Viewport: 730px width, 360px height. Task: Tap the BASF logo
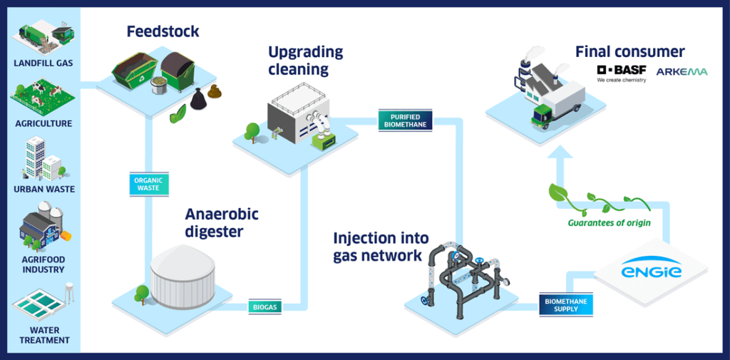click(621, 71)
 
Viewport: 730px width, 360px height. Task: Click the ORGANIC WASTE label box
click(148, 184)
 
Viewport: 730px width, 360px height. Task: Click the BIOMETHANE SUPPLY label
click(566, 305)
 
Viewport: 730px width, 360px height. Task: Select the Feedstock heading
click(163, 31)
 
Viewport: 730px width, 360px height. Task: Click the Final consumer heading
click(629, 51)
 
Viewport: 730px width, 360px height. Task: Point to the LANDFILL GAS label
click(43, 63)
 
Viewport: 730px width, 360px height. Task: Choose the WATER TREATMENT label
click(44, 335)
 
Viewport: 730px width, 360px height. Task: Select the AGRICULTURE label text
click(43, 123)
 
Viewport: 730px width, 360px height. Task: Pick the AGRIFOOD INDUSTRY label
click(43, 264)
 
